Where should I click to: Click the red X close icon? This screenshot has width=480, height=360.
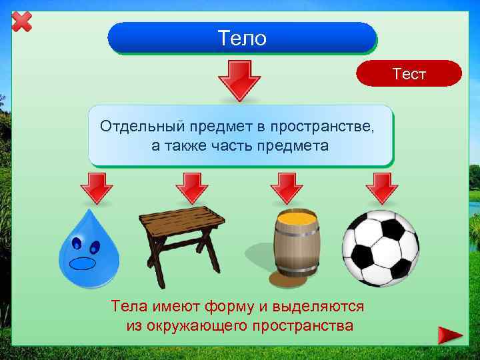click(22, 21)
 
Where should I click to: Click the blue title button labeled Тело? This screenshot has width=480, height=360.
click(241, 38)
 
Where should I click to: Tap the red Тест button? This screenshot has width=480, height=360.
click(409, 74)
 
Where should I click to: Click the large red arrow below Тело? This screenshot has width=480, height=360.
click(240, 79)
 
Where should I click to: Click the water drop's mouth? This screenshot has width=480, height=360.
click(83, 262)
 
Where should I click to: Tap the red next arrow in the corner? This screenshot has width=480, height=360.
click(451, 335)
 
